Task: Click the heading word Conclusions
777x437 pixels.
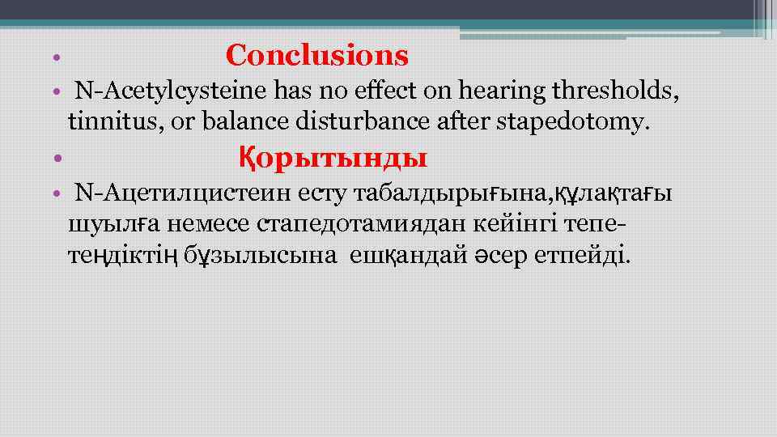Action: pos(317,56)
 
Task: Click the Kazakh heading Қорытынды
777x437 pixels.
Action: pos(333,156)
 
